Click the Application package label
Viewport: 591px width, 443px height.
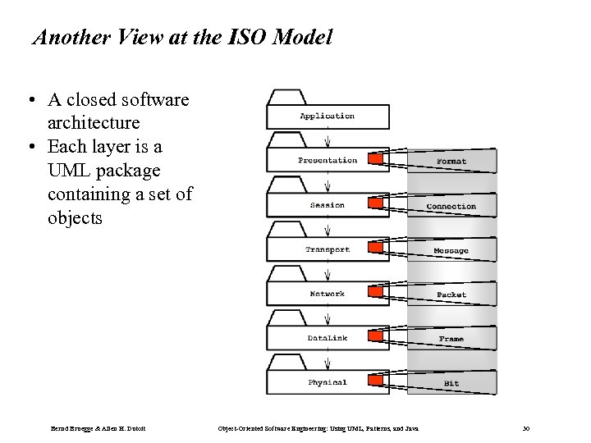pyautogui.click(x=327, y=116)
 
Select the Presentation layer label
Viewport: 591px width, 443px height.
pyautogui.click(x=328, y=161)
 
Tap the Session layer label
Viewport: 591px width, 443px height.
pyautogui.click(x=328, y=205)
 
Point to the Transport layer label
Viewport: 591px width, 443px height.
pyautogui.click(x=328, y=249)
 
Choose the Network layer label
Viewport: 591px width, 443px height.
pyautogui.click(x=328, y=294)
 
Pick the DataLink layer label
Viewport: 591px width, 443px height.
pyautogui.click(x=328, y=338)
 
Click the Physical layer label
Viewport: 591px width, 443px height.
pyautogui.click(x=328, y=382)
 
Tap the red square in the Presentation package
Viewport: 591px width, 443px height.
pyautogui.click(x=375, y=158)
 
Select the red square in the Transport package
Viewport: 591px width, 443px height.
pyautogui.click(x=375, y=247)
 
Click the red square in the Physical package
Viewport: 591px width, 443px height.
pyautogui.click(x=375, y=380)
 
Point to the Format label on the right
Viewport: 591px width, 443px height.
pyautogui.click(x=451, y=162)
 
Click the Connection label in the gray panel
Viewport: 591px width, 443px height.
pyautogui.click(x=451, y=207)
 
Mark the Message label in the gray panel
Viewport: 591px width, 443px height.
pyautogui.click(x=451, y=251)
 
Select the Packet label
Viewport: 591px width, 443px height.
pyautogui.click(x=451, y=295)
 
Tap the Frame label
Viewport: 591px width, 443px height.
pyautogui.click(x=451, y=339)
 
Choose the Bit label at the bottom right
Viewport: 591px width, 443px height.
pyautogui.click(x=451, y=383)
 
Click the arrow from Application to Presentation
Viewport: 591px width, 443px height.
pyautogui.click(x=328, y=137)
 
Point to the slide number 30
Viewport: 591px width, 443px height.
pyautogui.click(x=526, y=429)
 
